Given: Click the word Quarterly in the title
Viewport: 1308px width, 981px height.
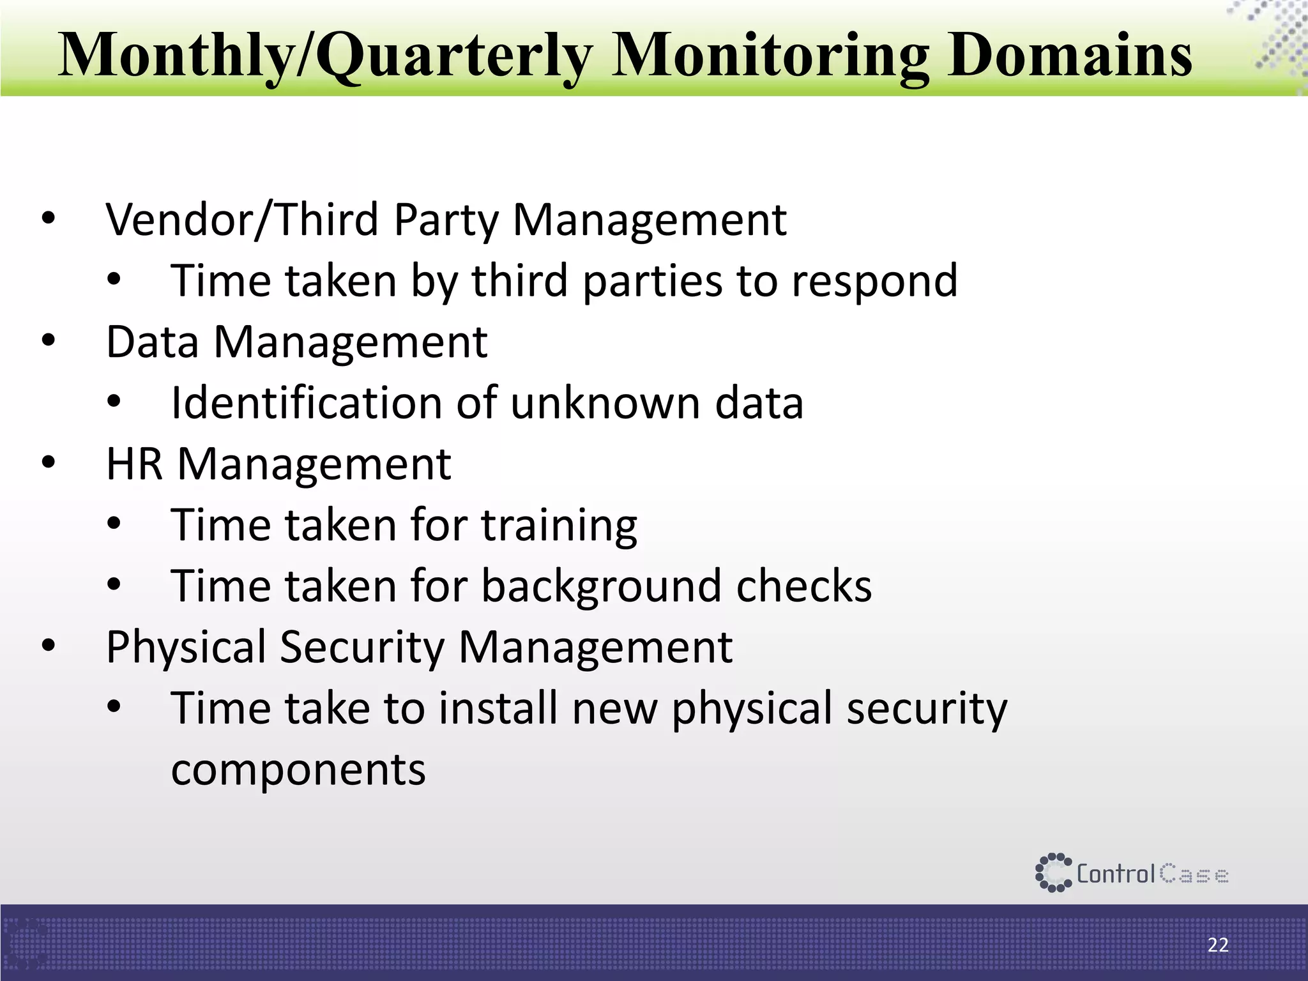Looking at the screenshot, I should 453,56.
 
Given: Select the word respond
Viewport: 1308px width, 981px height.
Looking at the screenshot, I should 874,281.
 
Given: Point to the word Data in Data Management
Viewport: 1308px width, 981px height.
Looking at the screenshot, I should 152,342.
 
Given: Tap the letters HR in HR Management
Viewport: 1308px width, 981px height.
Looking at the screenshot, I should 134,464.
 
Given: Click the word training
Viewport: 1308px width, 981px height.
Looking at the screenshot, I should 559,526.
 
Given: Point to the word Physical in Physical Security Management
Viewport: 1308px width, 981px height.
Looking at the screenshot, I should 185,647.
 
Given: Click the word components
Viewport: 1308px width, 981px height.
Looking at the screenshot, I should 298,770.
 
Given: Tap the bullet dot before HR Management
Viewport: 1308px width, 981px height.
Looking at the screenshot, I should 49,464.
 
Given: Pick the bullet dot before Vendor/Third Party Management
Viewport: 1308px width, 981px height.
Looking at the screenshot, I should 49,220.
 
